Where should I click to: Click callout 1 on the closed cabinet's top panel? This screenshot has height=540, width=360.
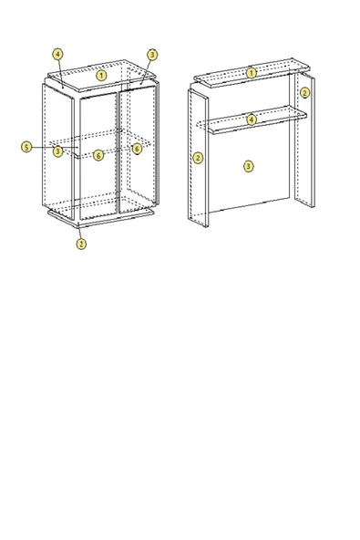(102, 75)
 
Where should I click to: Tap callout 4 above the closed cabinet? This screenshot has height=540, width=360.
(57, 55)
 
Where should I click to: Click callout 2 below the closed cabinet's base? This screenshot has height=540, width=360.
(81, 244)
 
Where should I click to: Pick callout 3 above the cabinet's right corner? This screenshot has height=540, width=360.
(152, 55)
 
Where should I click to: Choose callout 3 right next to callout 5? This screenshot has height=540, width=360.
(57, 151)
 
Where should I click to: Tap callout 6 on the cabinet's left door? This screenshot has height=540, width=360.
(98, 156)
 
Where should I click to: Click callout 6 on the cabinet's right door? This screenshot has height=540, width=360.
(137, 149)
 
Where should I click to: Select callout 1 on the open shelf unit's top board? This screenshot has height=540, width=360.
(252, 72)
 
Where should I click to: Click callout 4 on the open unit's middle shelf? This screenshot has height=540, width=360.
(252, 119)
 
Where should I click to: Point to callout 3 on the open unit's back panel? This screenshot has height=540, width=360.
(248, 166)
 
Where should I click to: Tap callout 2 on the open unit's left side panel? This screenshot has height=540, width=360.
(198, 158)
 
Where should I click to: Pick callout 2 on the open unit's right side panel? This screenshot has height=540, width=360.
(304, 93)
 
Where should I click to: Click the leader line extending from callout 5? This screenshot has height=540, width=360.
(41, 147)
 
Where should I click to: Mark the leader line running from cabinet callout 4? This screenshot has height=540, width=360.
(61, 71)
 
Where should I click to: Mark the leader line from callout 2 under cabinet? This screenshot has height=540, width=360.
(80, 230)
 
